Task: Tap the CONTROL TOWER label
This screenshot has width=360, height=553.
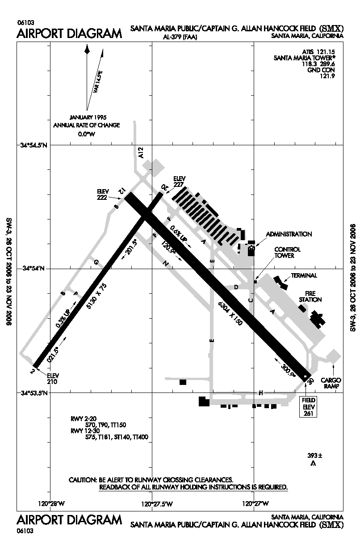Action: click(287, 253)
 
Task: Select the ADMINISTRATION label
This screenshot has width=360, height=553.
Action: click(289, 234)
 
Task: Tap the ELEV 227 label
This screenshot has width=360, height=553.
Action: click(179, 181)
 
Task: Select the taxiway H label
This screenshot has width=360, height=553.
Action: click(260, 393)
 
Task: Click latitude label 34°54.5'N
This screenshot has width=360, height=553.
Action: click(34, 145)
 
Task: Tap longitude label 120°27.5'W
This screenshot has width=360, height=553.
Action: click(157, 504)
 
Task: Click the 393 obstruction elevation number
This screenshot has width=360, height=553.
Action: click(312, 456)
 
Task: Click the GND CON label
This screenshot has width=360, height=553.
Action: click(321, 70)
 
